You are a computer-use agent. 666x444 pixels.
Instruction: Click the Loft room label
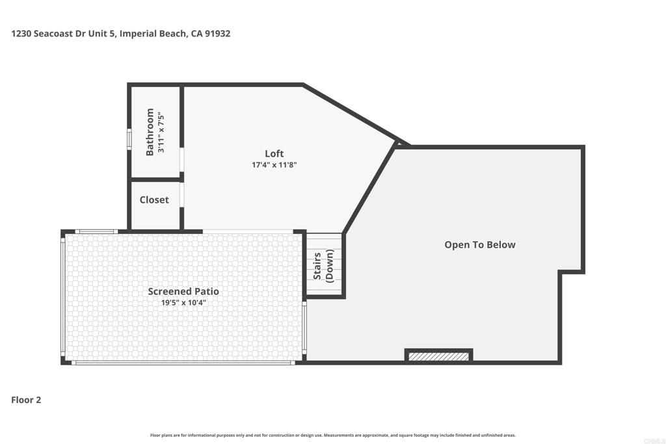pos(274,153)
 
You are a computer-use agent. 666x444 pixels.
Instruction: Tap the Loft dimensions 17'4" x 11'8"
pos(274,164)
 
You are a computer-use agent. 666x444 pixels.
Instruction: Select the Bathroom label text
pos(150,132)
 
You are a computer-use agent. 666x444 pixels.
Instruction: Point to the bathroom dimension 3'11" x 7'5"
pos(161,132)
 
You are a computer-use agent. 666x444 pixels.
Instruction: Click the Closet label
pos(154,200)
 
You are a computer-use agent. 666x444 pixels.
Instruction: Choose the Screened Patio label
pos(183,291)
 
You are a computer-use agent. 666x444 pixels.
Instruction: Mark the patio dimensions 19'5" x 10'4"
pos(183,303)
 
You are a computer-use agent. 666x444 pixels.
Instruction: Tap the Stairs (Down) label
pos(323,266)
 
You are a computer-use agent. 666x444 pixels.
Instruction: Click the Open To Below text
pos(480,244)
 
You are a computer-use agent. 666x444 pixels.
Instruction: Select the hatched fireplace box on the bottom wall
pos(439,356)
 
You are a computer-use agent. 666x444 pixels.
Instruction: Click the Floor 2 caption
pos(26,400)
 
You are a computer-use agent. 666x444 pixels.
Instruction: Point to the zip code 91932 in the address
pos(217,34)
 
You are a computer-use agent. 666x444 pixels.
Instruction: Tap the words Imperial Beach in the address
pos(152,34)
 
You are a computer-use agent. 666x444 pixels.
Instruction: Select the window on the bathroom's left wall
pos(129,139)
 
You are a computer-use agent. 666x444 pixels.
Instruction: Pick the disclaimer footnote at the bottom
pos(332,435)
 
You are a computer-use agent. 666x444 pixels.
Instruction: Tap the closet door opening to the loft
pos(182,194)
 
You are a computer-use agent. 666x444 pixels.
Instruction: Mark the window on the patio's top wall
pos(96,232)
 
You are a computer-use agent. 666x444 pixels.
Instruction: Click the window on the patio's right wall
pos(304,327)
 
